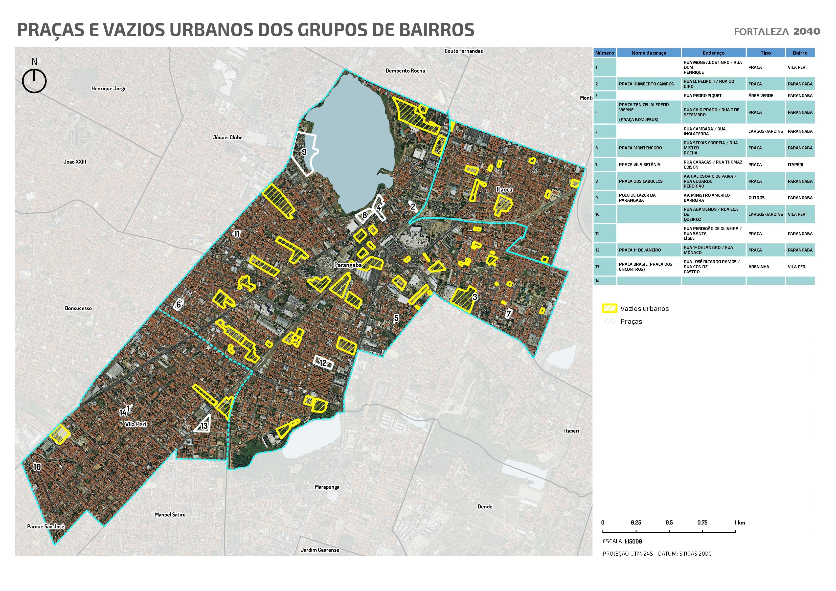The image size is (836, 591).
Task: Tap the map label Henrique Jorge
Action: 109,88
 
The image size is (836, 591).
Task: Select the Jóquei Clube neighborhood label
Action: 228,137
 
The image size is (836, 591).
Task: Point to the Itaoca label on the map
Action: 504,189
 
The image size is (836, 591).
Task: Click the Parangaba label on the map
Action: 348,265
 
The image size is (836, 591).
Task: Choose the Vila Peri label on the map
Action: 135,424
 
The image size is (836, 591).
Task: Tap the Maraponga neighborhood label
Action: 327,487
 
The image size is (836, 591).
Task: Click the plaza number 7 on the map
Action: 509,313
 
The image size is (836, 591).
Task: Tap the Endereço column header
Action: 713,53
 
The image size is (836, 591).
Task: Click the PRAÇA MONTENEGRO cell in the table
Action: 640,148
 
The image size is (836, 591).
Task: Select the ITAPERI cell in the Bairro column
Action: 795,165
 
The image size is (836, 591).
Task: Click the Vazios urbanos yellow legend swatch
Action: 609,308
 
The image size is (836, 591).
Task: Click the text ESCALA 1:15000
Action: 622,541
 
